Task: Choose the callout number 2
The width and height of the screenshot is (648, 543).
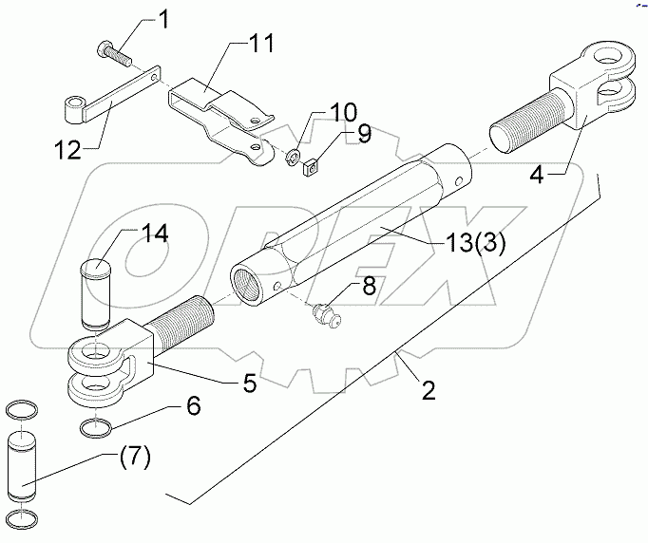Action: tap(429, 389)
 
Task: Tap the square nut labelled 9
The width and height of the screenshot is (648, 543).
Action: tap(310, 172)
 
